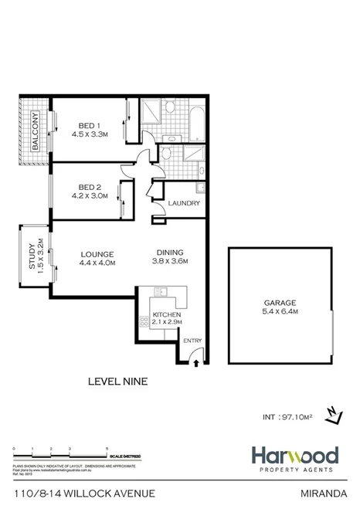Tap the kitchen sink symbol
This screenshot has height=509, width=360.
tap(161, 291)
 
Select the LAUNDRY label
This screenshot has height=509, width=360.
tap(185, 204)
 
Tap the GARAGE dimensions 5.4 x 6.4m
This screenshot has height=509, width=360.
tap(281, 312)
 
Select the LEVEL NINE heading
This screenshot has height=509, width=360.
tap(118, 380)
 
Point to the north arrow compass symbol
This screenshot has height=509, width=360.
tap(333, 415)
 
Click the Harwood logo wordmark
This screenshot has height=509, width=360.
tap(293, 455)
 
